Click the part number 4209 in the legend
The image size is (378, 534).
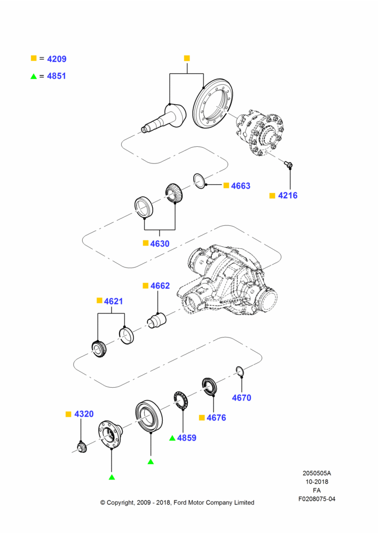tap(57, 59)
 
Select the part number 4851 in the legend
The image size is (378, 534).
tap(57, 76)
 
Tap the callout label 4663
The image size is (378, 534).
tap(240, 186)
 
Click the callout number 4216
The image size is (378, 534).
tap(288, 195)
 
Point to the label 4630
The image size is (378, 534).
tap(160, 244)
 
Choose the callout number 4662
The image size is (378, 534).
tap(160, 286)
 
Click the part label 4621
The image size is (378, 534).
tap(113, 301)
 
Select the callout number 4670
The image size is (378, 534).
tap(241, 398)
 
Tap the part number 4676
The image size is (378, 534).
tap(216, 418)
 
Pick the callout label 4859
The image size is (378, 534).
tap(187, 438)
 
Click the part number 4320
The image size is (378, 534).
tap(84, 414)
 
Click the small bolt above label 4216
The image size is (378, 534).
tap(288, 164)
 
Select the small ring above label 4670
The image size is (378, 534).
tap(240, 372)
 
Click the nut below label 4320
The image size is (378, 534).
tap(82, 447)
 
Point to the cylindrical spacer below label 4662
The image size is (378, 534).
tap(156, 320)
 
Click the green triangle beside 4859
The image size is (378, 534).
tap(172, 438)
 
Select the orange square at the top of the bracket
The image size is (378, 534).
tap(187, 58)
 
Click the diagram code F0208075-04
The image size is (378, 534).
tap(317, 499)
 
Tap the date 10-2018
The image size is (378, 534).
tap(317, 482)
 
